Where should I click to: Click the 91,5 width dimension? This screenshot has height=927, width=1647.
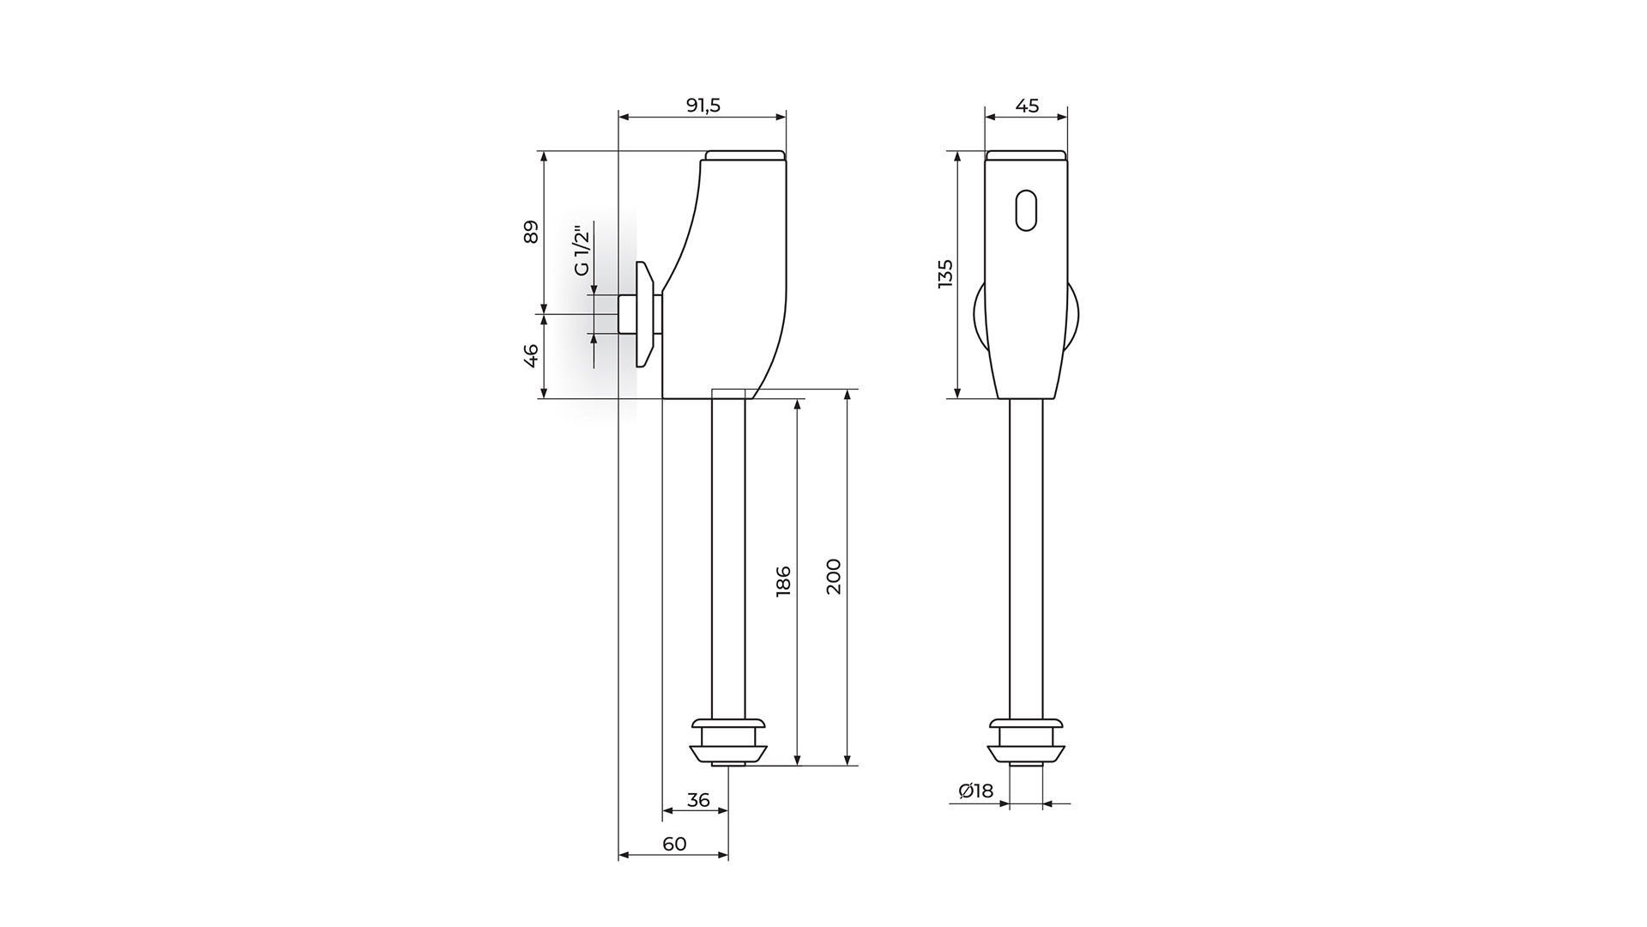coord(703,106)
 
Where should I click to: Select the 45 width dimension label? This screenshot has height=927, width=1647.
coord(1027,106)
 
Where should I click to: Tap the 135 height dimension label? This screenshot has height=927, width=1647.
coord(945,273)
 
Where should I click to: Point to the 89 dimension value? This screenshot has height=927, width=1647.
coord(531,232)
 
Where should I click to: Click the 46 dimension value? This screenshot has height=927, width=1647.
coord(531,355)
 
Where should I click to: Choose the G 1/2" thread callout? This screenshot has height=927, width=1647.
coord(582,251)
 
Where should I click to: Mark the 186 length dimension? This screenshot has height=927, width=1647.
coord(783,582)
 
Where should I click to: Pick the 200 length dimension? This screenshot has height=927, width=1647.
coord(833,576)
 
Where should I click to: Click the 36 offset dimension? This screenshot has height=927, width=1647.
coord(698,800)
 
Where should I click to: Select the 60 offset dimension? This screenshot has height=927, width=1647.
coord(674,844)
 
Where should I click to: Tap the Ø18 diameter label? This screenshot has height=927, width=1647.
coord(975,791)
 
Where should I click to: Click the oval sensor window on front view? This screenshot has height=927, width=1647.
coord(1026,210)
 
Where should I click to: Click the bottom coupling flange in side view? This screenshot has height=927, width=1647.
coord(728,742)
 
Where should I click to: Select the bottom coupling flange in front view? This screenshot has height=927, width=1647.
coord(1026,742)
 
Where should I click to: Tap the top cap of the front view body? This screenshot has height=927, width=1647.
coord(1026,155)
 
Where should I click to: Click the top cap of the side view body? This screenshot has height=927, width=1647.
coord(745,155)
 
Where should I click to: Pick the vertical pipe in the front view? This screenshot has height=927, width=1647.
coord(1026,559)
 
